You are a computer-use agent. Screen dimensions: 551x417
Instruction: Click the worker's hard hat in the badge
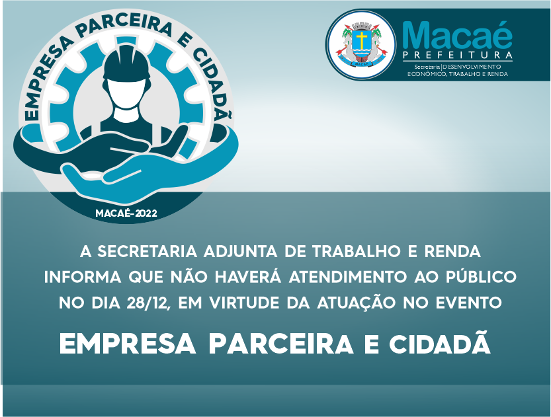tap(127, 65)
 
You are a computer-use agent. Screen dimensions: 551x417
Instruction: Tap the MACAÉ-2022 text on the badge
tap(126, 213)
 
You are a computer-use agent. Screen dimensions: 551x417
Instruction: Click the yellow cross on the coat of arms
tap(361, 39)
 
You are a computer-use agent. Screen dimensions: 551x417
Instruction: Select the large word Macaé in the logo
tap(457, 36)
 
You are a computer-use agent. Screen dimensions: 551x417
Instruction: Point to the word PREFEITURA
tap(458, 56)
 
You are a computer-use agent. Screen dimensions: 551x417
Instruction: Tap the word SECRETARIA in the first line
tap(148, 252)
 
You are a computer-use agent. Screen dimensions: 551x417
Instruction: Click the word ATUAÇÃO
tap(356, 303)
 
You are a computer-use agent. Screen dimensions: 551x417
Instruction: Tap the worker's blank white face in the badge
tap(127, 94)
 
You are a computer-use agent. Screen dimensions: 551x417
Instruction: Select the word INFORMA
tap(83, 277)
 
